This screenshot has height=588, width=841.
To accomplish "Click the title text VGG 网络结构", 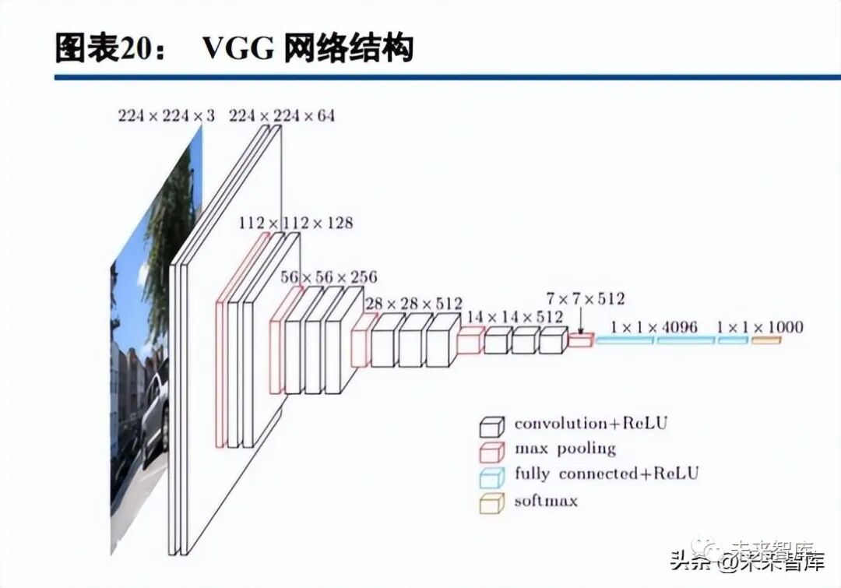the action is point(308,48).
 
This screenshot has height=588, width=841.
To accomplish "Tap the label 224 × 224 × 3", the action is point(166,116).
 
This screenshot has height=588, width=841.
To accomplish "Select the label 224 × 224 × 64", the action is point(282,116).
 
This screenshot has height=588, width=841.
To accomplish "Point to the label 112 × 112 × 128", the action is point(296,223).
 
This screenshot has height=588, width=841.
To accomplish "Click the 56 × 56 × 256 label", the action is point(329,277).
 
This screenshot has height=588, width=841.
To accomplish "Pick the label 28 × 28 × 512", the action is point(413,303).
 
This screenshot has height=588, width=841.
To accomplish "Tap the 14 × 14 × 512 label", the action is point(514,316).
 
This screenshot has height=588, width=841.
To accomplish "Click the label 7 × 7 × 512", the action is point(586,298).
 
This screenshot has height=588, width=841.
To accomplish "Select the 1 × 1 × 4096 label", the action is point(654,327).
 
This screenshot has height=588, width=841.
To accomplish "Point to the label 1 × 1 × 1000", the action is point(759,327).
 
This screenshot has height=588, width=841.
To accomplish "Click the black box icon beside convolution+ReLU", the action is point(492,425).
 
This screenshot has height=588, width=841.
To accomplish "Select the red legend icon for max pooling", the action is point(492,450).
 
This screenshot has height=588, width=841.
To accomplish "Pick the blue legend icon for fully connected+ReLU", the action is point(492,475).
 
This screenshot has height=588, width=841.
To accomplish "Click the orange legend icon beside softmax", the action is point(492,501).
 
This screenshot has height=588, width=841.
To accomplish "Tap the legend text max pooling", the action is point(565,449).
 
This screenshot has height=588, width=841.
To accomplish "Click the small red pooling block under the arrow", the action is point(580,340).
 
